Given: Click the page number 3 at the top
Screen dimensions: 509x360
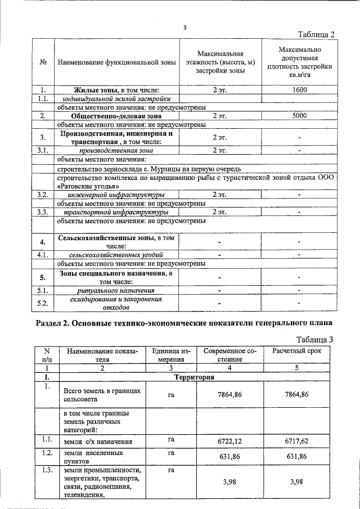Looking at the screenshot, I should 184,26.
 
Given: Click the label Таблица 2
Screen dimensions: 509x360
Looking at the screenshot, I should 316,34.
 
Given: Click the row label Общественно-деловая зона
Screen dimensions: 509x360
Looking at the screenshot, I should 116,115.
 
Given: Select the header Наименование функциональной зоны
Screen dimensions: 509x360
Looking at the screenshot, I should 116,61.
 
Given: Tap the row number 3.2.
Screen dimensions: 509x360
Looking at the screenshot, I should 42,194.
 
